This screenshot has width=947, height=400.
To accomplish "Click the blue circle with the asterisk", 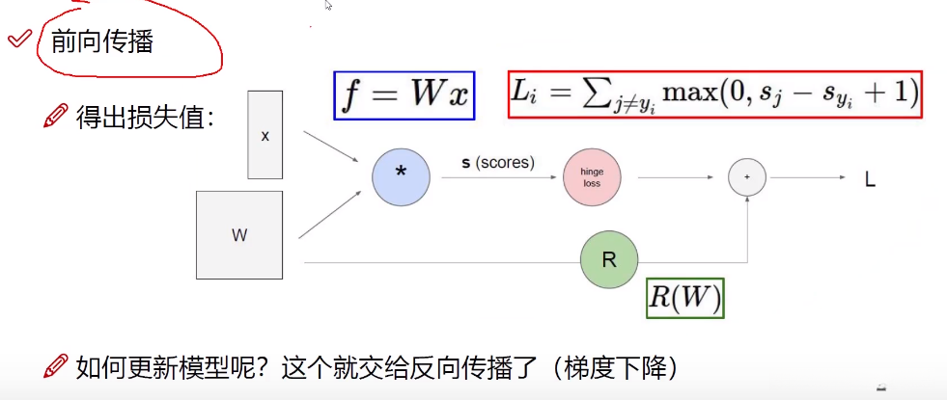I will [401, 177].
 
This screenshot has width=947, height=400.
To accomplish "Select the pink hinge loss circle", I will [592, 177].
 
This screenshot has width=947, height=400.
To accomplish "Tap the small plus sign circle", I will [747, 177].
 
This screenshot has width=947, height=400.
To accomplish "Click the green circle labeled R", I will [609, 260].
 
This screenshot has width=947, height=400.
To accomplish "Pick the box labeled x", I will [265, 135].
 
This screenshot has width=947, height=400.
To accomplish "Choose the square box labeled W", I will [239, 235].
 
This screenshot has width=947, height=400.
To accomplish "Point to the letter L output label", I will [869, 178].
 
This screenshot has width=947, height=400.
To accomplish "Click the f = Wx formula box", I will [404, 94].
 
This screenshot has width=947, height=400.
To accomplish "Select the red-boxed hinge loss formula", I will [715, 93].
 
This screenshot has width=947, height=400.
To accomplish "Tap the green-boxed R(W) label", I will [684, 298].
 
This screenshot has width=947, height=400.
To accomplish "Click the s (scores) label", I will [497, 163].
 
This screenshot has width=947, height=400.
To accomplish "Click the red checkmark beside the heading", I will [18, 39].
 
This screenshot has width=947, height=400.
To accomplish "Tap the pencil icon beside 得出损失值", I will [56, 119].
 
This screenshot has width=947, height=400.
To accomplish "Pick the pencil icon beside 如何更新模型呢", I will [56, 367].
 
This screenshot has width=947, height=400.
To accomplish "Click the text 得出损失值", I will [144, 119].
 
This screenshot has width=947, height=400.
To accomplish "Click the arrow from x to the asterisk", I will [329, 147].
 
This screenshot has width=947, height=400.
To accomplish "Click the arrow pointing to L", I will [807, 177].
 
